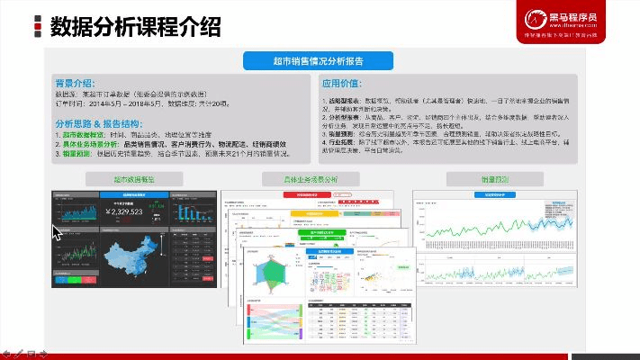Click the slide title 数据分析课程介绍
(135, 26)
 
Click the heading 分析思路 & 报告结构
(97, 123)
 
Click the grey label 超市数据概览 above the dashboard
(133, 179)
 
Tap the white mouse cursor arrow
(58, 234)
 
